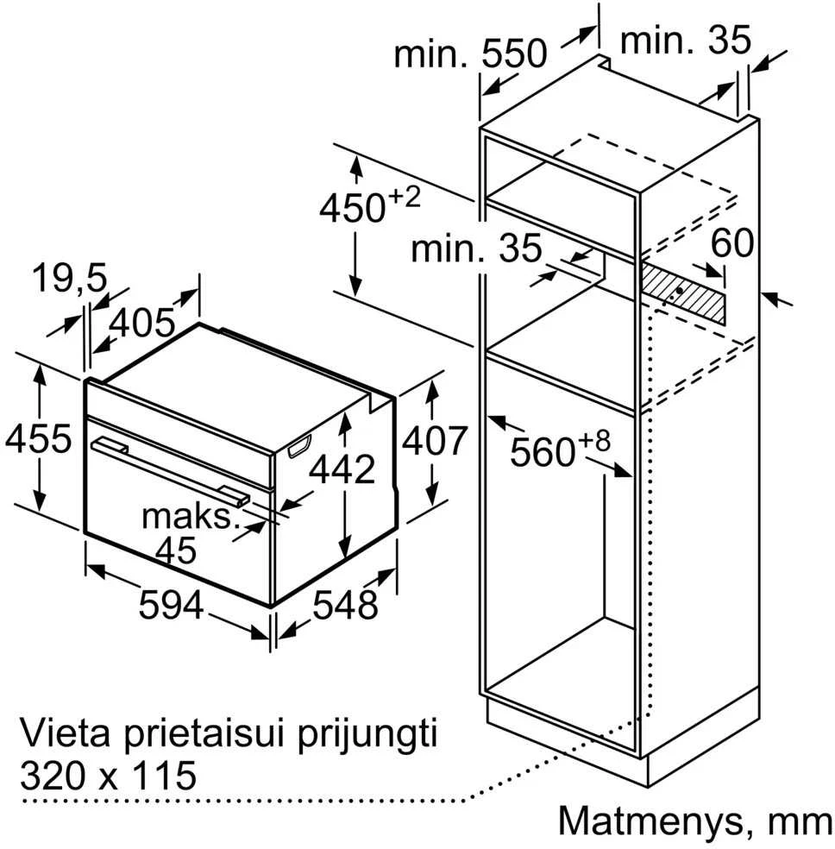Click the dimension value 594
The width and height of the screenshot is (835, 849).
pyautogui.click(x=171, y=605)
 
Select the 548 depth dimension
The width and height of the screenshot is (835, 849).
pyautogui.click(x=345, y=605)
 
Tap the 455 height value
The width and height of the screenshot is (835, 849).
pyautogui.click(x=39, y=438)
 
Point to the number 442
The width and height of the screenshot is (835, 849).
pyautogui.click(x=342, y=469)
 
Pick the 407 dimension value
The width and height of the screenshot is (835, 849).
pyautogui.click(x=434, y=441)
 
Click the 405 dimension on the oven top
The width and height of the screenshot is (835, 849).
pyautogui.click(x=142, y=324)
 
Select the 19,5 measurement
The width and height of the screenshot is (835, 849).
pyautogui.click(x=70, y=280)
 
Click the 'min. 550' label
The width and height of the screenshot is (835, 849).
pyautogui.click(x=470, y=54)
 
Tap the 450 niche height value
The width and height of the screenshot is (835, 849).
pyautogui.click(x=352, y=208)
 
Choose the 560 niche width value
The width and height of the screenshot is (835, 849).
pyautogui.click(x=543, y=452)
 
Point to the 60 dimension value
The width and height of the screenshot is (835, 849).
pyautogui.click(x=731, y=242)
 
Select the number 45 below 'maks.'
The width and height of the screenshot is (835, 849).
pyautogui.click(x=176, y=550)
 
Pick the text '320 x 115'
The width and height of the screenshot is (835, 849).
pyautogui.click(x=108, y=776)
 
